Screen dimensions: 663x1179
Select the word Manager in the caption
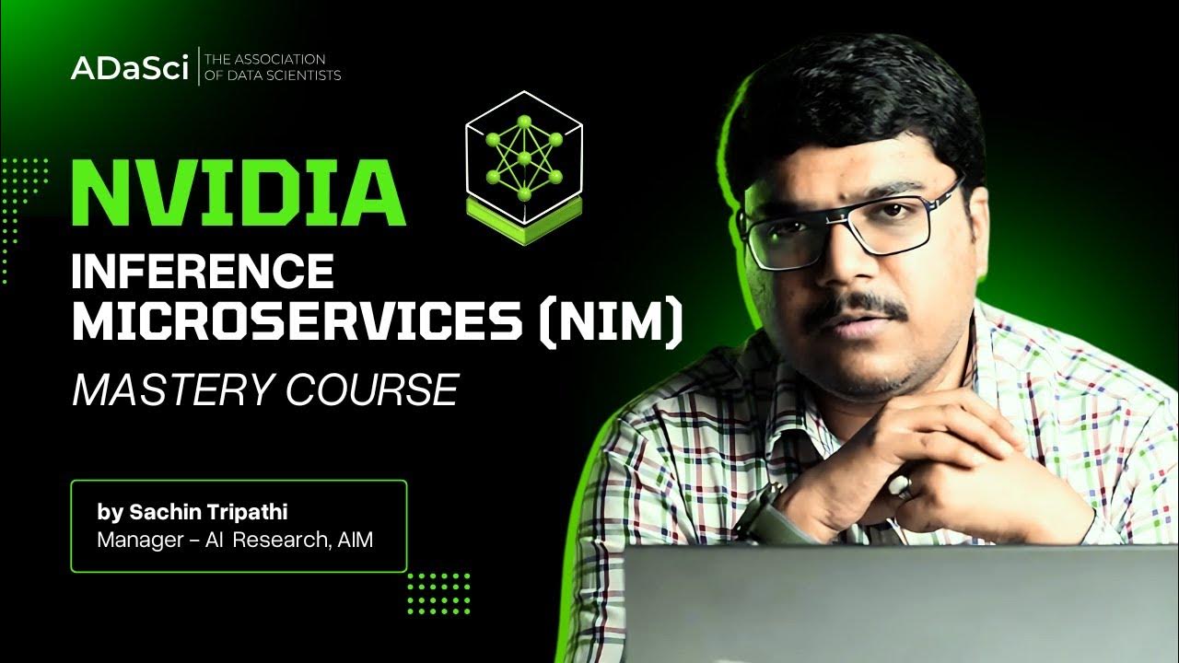tap(140, 540)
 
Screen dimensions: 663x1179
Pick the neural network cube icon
tap(523, 166)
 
